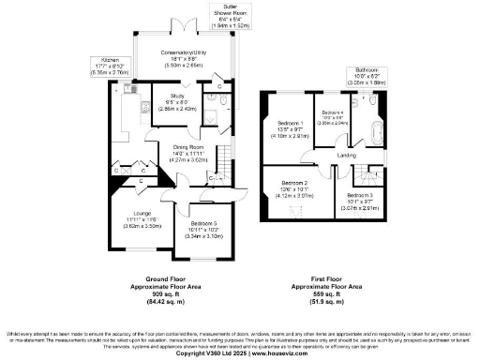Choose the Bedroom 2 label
293,183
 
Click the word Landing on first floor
346,155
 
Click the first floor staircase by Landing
362,172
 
